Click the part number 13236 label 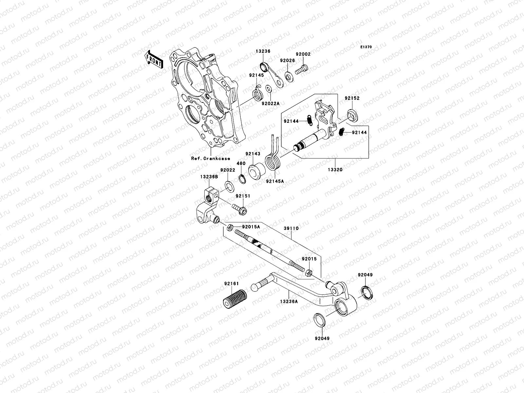263,51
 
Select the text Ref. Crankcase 211,159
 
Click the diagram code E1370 366,47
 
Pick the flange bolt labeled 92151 239,208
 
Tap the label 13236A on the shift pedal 289,301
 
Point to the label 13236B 209,177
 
